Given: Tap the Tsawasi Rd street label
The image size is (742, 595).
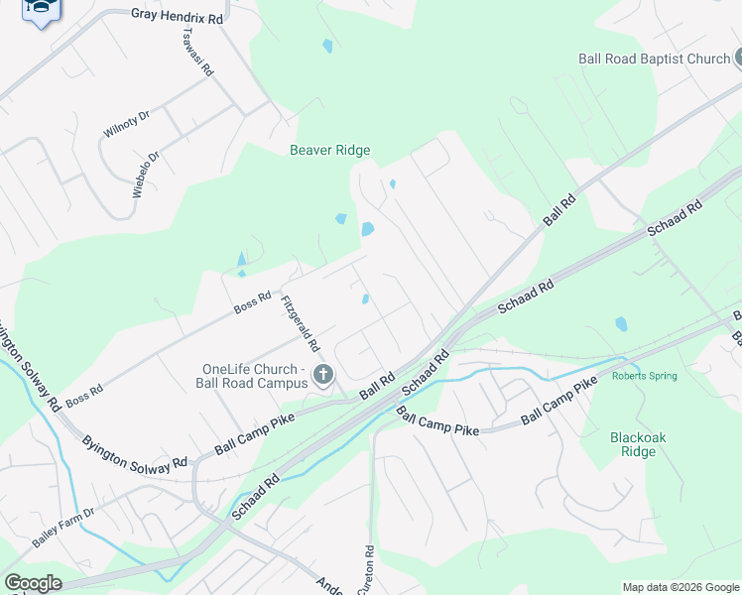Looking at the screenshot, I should coord(198,52).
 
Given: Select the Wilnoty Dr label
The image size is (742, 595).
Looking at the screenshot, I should coord(126,124).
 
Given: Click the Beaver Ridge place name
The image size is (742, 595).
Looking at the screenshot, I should coord(329,151).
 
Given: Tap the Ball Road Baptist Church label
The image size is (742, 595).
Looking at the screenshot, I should coord(654,59).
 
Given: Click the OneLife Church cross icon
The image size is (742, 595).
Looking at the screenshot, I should coord(322,374).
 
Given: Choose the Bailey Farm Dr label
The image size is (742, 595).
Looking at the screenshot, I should coord(62,527).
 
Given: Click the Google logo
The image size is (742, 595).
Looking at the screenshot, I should coord(33,583).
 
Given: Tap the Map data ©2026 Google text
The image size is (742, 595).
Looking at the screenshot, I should coord(680,587).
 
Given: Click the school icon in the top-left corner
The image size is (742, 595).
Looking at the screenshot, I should coord(41,8).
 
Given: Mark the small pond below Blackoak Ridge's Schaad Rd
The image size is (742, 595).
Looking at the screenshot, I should coord(621,323).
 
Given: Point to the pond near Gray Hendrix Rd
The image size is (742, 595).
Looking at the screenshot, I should coord(326,46).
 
